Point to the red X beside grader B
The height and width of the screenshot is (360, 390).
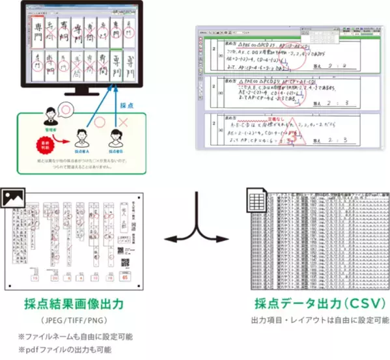pos(124,122)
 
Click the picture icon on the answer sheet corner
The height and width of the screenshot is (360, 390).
pos(10,197)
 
